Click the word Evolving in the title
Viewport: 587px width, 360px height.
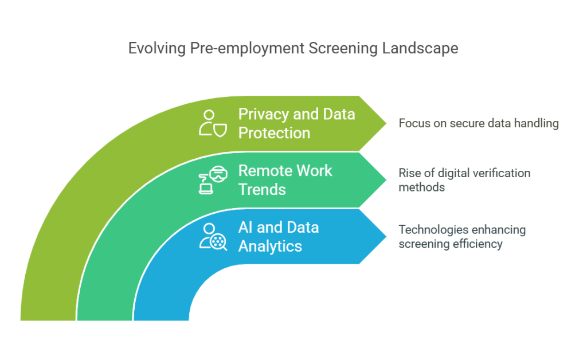(x=157, y=49)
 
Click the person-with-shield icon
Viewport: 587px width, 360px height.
(x=213, y=123)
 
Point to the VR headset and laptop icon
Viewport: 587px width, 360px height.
(x=213, y=180)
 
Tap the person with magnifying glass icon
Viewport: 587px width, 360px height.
(x=213, y=237)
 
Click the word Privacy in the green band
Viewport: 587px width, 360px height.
(x=264, y=115)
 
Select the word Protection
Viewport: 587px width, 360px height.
(x=275, y=133)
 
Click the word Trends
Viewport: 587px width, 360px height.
(x=262, y=190)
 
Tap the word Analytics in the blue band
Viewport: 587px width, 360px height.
(x=271, y=246)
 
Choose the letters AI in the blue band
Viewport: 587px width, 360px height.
(x=245, y=228)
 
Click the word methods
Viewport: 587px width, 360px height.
(x=421, y=187)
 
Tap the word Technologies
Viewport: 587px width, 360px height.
(x=429, y=230)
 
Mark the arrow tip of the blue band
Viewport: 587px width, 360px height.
(x=386, y=236)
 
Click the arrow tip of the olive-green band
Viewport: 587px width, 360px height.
(x=386, y=123)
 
